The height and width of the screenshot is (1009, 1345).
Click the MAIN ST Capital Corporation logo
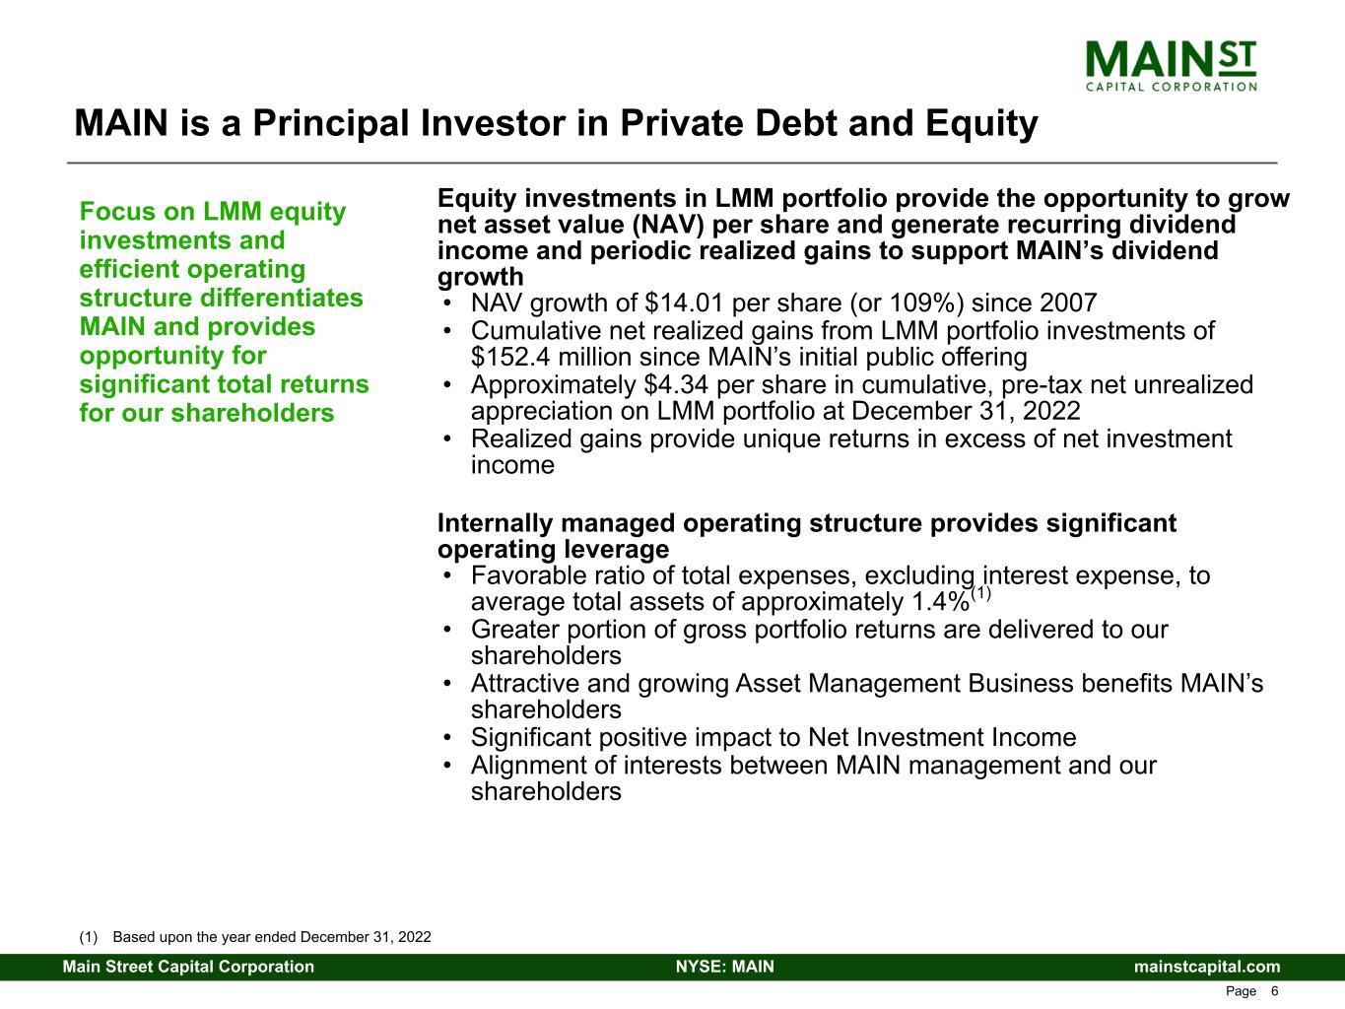[1170, 65]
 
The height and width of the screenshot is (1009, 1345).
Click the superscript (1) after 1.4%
[981, 594]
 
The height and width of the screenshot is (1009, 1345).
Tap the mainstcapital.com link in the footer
[1207, 967]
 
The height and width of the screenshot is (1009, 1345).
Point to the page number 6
[1274, 991]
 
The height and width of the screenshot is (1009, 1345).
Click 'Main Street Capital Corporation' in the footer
[188, 967]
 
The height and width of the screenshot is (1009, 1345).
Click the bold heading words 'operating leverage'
[553, 549]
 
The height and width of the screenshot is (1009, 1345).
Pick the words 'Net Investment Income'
[941, 738]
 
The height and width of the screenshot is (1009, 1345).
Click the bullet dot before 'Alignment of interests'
[449, 767]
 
